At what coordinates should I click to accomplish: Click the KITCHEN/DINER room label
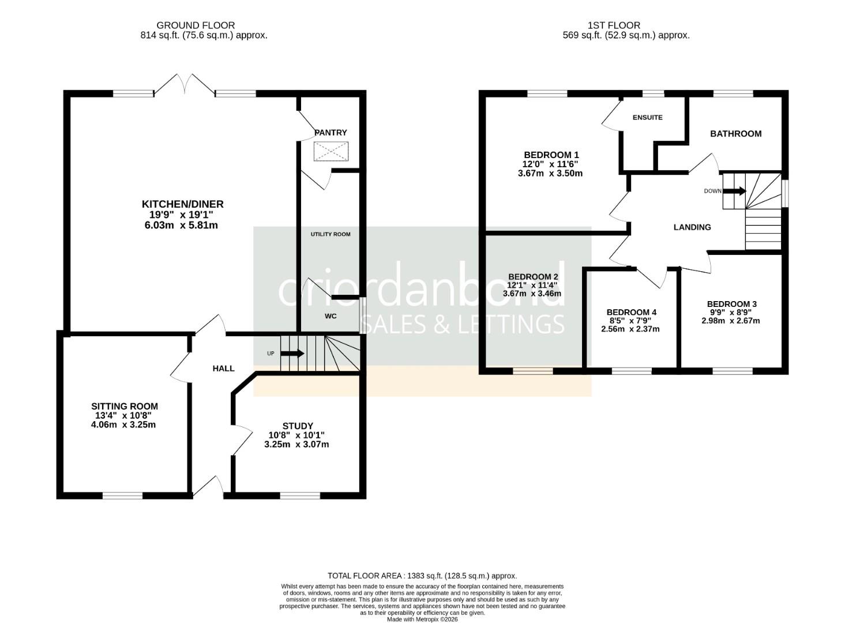click(182, 204)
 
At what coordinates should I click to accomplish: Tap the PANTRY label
click(331, 133)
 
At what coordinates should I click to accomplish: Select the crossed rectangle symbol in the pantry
click(331, 152)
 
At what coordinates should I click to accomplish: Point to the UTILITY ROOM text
click(331, 234)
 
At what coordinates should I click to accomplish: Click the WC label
click(331, 316)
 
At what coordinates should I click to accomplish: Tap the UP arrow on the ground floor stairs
click(293, 354)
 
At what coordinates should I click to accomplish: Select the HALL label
click(223, 368)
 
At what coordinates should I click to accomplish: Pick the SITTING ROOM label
click(125, 406)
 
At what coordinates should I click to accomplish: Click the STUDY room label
click(298, 426)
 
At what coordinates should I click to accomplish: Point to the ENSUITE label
click(647, 118)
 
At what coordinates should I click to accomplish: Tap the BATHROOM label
click(735, 134)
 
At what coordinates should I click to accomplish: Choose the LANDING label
click(692, 227)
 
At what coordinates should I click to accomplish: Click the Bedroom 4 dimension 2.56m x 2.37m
click(630, 329)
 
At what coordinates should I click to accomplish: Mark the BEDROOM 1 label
click(551, 155)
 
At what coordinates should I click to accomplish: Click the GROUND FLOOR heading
click(196, 25)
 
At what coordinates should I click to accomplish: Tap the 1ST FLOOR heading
click(614, 25)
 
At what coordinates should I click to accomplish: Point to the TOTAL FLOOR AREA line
click(422, 576)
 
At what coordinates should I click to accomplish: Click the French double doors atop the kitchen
click(185, 84)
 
